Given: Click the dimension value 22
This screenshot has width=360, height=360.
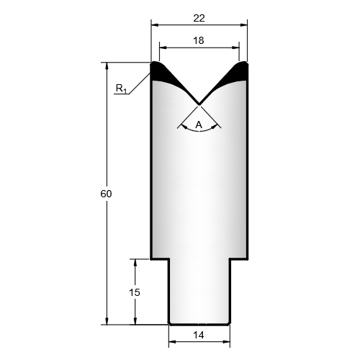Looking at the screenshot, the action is point(199,18).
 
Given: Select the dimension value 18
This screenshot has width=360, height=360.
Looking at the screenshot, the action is point(199,41).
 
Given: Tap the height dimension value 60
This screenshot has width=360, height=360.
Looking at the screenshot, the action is point(106,194).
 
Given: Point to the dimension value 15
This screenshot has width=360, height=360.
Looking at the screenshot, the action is point(135,292).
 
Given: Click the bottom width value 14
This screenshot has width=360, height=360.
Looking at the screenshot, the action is point(199,335).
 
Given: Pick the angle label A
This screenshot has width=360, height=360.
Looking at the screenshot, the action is point(199,125).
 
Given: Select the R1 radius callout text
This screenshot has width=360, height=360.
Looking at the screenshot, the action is point(121,89).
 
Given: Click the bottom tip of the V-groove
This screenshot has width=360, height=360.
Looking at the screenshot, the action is point(199,104).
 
